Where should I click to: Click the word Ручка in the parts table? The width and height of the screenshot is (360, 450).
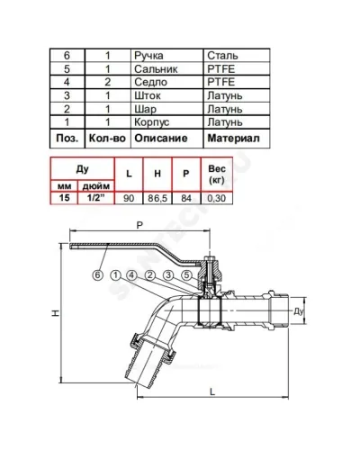click(x=148, y=56)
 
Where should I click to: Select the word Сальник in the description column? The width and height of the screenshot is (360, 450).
click(x=156, y=69)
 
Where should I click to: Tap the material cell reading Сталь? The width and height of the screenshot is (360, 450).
click(x=222, y=56)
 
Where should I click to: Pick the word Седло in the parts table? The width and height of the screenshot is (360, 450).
click(x=150, y=82)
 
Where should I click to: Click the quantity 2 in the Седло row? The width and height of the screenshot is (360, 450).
click(x=107, y=82)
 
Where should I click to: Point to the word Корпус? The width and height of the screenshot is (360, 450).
click(x=151, y=122)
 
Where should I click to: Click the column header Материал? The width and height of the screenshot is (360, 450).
click(x=233, y=139)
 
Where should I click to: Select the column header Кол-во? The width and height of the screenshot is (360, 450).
click(x=107, y=139)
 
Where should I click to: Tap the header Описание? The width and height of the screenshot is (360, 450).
click(x=161, y=139)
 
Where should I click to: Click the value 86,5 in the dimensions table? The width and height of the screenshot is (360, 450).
click(x=157, y=198)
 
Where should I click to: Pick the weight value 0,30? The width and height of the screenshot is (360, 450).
click(x=216, y=198)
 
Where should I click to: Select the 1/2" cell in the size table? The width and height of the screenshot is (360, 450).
click(x=96, y=198)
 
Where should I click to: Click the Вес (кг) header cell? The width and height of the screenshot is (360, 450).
click(x=216, y=175)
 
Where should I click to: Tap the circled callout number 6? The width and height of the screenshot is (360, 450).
click(x=97, y=275)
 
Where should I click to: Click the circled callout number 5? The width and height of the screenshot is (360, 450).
click(x=186, y=275)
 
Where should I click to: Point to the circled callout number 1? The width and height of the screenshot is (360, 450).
click(x=115, y=275)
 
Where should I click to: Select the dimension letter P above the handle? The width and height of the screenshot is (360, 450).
click(x=139, y=225)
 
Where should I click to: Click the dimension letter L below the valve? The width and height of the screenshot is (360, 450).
click(x=212, y=391)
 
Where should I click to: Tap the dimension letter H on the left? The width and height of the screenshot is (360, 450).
click(x=56, y=313)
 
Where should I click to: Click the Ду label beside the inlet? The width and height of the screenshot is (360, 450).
click(x=299, y=311)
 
